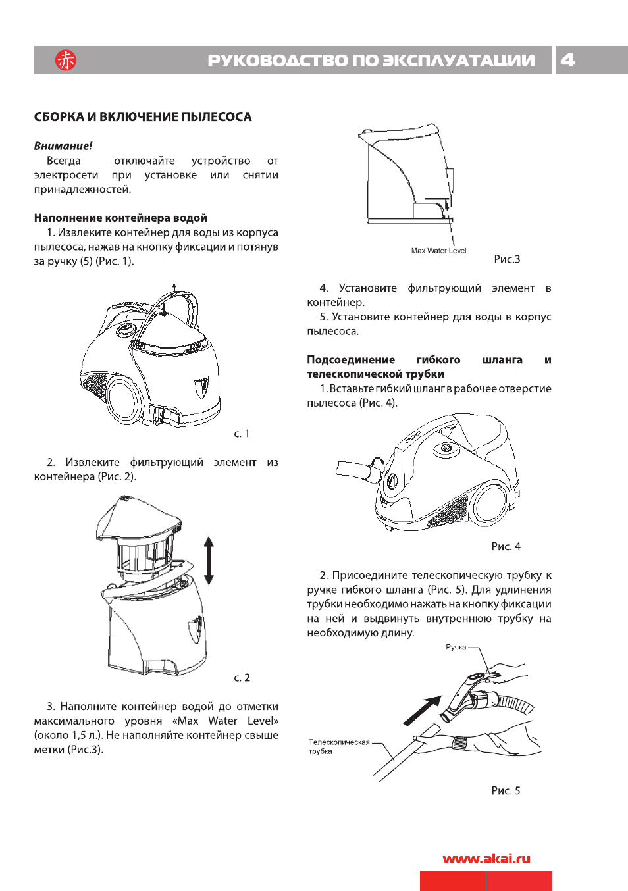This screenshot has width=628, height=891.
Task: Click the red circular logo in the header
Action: point(65,60)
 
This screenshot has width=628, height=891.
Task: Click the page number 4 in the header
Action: point(567,60)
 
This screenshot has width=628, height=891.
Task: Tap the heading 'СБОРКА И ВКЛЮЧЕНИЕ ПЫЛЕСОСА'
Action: point(143,117)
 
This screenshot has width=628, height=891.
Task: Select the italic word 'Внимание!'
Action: point(63,146)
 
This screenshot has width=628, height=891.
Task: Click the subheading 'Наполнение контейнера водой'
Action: point(120,218)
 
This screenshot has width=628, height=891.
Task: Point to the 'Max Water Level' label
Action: point(438,251)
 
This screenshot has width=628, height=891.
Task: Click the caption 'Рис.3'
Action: point(507,259)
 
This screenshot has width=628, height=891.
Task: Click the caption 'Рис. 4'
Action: point(506,546)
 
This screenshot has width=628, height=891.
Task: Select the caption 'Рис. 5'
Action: point(506,790)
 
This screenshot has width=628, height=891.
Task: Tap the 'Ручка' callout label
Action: point(456,647)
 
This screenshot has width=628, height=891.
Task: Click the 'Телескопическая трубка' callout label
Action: point(338,746)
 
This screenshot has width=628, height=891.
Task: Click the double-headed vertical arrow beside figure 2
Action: point(209,561)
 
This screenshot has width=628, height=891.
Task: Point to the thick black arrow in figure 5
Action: point(422,711)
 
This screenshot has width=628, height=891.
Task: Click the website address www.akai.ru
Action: point(486,859)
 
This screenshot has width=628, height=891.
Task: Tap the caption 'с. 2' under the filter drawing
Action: point(242,677)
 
